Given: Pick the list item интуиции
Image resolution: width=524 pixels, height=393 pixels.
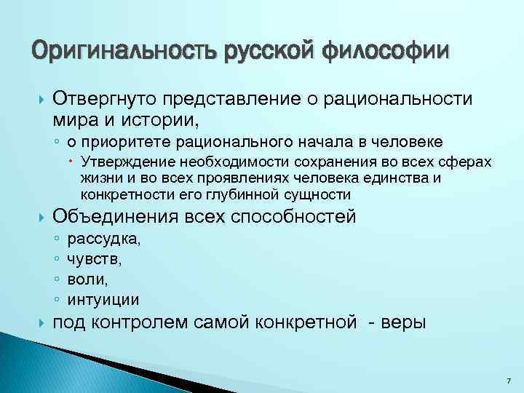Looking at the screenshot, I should (103, 299).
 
